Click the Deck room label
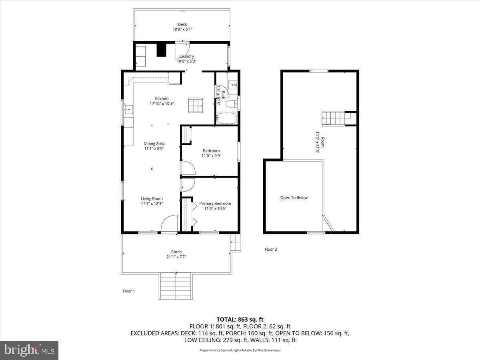click(182, 24)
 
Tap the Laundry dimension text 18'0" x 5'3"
click(186, 61)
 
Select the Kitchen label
click(162, 98)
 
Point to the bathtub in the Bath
click(226, 118)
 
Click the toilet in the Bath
click(232, 104)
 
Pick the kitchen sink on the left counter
click(128, 110)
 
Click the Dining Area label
click(154, 144)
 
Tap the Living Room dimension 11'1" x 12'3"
click(152, 204)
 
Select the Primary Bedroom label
click(215, 204)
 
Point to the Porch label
click(176, 252)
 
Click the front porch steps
click(176, 286)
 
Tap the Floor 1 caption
click(129, 291)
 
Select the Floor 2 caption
click(271, 249)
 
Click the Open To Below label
click(294, 198)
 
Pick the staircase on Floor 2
click(333, 118)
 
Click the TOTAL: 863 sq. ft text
click(240, 320)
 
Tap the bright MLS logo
click(29, 350)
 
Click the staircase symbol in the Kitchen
click(196, 105)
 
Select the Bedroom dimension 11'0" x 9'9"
click(211, 156)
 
